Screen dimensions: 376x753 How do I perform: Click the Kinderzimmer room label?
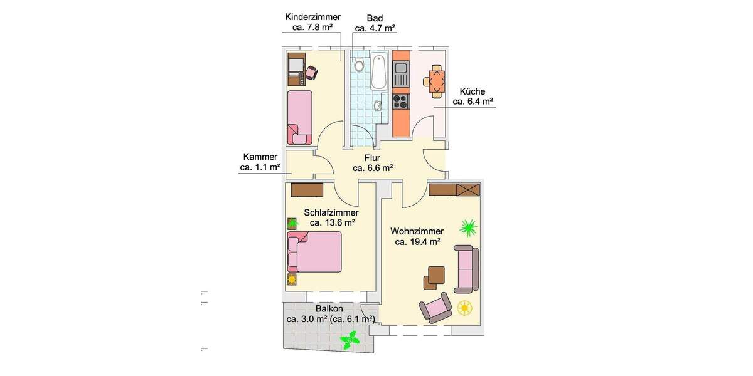[312, 17]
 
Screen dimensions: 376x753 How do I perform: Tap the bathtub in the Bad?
[378, 73]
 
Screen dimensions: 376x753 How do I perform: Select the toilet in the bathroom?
[359, 65]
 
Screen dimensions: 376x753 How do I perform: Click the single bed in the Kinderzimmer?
[300, 116]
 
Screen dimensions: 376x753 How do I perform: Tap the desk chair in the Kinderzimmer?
[311, 73]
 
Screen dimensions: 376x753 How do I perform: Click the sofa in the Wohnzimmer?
[467, 269]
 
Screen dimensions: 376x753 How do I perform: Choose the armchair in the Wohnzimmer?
[435, 307]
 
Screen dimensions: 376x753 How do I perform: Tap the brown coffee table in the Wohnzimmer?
[435, 276]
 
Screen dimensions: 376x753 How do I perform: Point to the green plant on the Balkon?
[349, 341]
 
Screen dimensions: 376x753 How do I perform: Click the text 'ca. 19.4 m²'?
[417, 242]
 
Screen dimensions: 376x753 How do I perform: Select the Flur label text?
[373, 158]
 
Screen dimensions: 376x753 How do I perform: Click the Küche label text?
[472, 91]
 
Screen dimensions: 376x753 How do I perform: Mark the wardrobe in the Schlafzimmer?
[307, 189]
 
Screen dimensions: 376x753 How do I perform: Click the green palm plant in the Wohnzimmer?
[467, 227]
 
